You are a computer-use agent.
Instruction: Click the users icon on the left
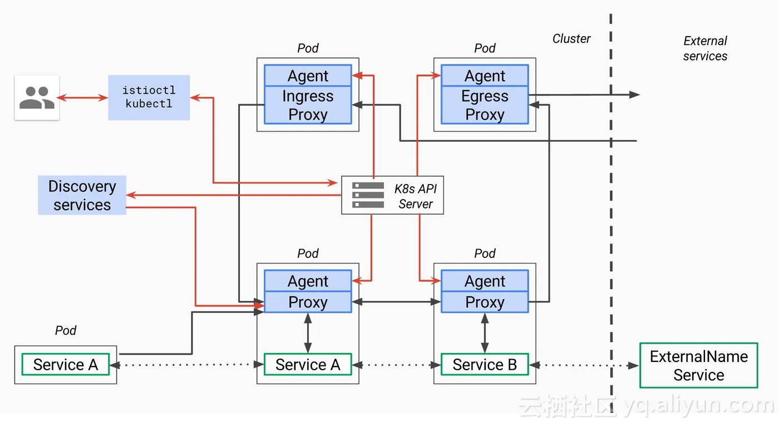tap(37, 98)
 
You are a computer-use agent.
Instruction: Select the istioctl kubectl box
tap(149, 97)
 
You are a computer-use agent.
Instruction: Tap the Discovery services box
tap(82, 195)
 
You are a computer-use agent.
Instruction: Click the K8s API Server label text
tap(416, 196)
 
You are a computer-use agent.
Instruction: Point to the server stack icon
tap(368, 195)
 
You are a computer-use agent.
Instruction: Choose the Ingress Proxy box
tap(308, 105)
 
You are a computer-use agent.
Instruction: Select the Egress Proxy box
tap(485, 105)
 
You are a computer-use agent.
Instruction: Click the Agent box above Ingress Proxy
tap(308, 76)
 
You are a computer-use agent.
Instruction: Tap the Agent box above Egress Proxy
tap(485, 76)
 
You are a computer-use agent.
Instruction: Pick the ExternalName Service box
tap(698, 365)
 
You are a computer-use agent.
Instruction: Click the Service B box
tap(485, 365)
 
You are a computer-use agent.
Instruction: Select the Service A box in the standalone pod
tap(66, 365)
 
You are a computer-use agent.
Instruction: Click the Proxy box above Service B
tap(485, 302)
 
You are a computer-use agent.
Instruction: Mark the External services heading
tap(705, 48)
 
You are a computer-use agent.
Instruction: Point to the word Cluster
tap(571, 39)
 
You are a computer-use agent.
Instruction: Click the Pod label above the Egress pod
tap(485, 48)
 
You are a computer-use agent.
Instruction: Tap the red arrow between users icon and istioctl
tap(83, 98)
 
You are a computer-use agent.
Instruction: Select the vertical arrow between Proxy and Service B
tap(485, 333)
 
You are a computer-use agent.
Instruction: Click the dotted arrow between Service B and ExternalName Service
tap(584, 365)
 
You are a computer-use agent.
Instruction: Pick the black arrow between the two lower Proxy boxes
tap(396, 302)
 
